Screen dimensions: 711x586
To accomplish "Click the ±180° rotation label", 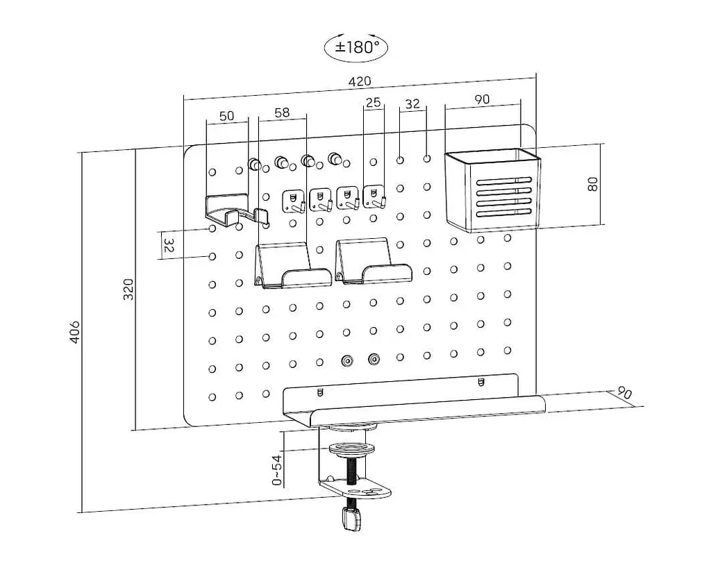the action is tap(356, 47).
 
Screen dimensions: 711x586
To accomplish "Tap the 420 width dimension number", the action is tap(359, 82).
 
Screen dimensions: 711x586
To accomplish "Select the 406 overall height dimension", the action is tap(75, 332).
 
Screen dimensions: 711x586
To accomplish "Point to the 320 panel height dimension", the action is tap(128, 290).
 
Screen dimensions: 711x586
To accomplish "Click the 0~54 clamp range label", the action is tap(277, 470).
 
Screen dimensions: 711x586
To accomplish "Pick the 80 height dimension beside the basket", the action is tap(592, 184).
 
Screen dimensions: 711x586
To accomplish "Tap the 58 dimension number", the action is tap(282, 112).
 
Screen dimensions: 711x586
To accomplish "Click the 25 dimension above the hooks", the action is tap(373, 103).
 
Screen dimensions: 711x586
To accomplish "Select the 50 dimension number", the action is tap(227, 116).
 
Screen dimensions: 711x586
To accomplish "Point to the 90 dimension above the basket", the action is tap(482, 99).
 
